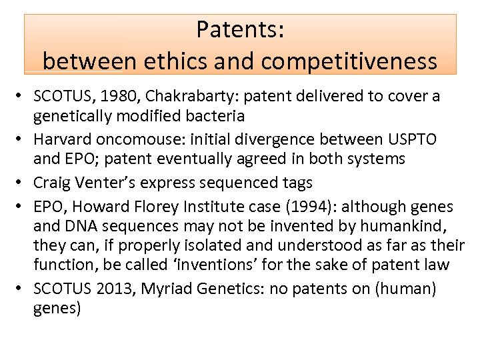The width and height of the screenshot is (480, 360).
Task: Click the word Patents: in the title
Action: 240,30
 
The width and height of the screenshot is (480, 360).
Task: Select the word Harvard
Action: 61,139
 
